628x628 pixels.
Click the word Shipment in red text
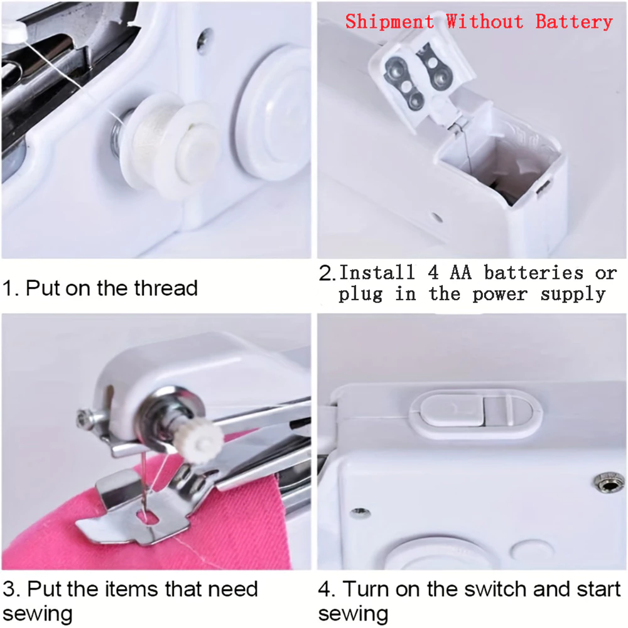click(389, 22)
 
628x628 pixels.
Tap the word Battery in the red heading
click(574, 22)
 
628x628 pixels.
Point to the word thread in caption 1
click(166, 288)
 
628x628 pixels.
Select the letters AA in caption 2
click(460, 273)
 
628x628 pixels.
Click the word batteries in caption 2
click(533, 273)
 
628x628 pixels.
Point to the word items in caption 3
click(132, 589)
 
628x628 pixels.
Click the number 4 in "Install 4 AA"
click(433, 273)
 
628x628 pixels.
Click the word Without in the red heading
click(485, 22)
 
